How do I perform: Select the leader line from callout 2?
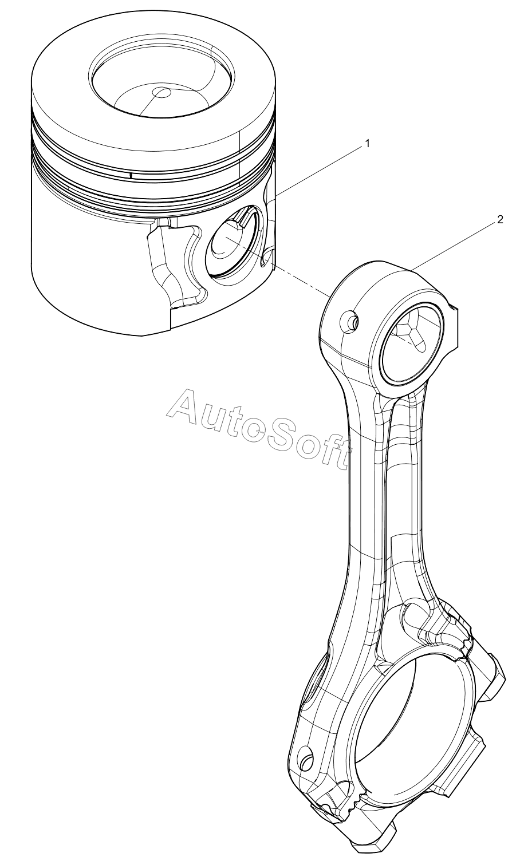(452, 246)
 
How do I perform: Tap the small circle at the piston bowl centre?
(161, 93)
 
